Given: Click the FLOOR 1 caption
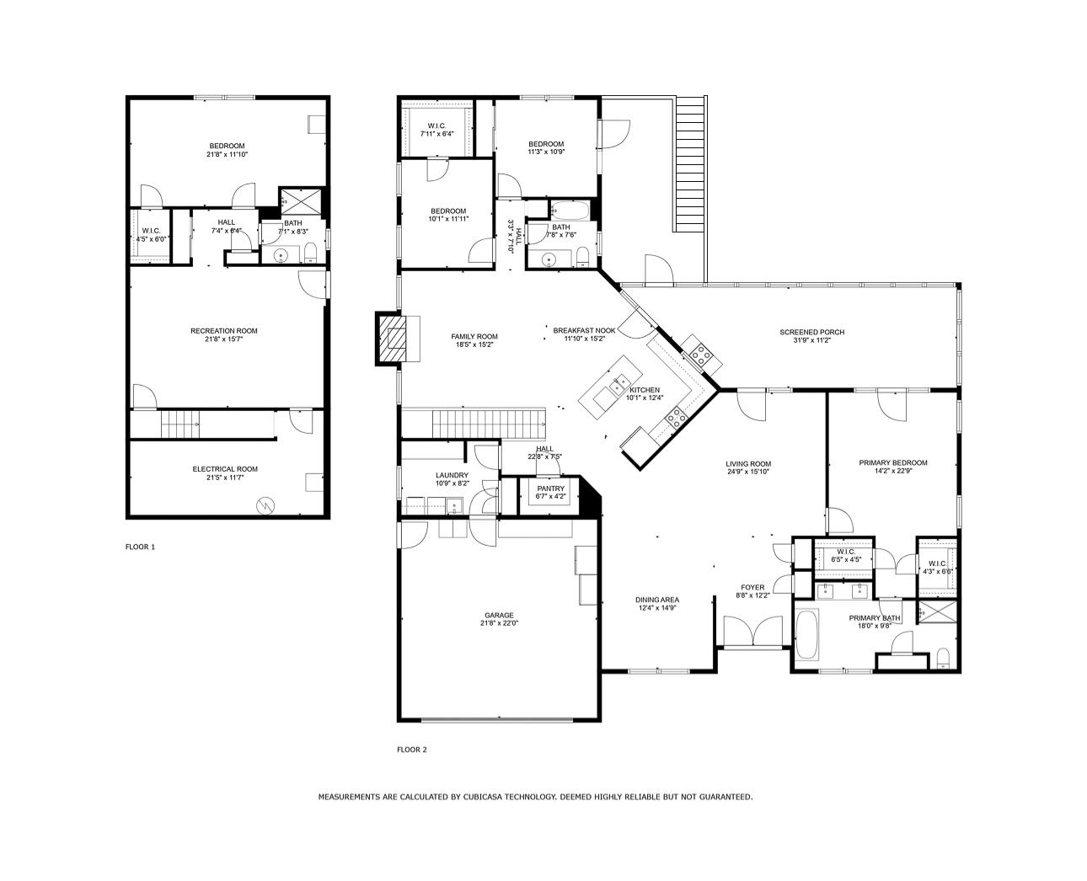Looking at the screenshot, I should click(140, 547).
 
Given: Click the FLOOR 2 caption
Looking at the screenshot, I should click(412, 750).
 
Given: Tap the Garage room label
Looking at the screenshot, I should click(498, 615).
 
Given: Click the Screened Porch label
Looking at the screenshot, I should click(811, 332).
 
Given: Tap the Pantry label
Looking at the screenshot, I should click(551, 489).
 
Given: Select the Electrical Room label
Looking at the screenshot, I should click(225, 469).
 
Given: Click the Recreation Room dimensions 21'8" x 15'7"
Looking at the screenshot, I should click(224, 340).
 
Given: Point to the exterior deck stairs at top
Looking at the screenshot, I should click(690, 163).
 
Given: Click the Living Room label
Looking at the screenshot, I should click(748, 463).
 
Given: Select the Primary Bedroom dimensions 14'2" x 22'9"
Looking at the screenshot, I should click(892, 472).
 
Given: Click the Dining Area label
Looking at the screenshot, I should click(657, 600).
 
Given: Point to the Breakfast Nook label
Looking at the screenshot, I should click(584, 330).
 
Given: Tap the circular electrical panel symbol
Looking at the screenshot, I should click(265, 505).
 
